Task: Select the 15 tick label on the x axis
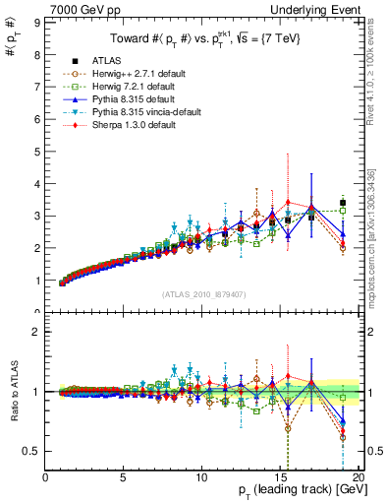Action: pyautogui.click(x=280, y=477)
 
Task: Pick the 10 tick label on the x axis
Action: pyautogui.click(x=201, y=477)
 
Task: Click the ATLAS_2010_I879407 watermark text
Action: pyautogui.click(x=202, y=294)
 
